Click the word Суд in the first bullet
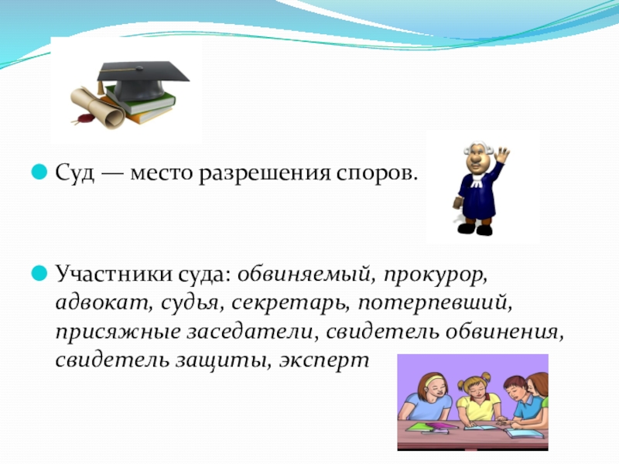pyautogui.click(x=75, y=173)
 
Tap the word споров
pyautogui.click(x=377, y=174)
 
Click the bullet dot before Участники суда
pyautogui.click(x=39, y=273)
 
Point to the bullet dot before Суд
pyautogui.click(x=39, y=172)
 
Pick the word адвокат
pyautogui.click(x=104, y=303)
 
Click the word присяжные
pyautogui.click(x=118, y=333)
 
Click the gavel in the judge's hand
pyautogui.click(x=457, y=203)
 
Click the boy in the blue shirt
pyautogui.click(x=522, y=402)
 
